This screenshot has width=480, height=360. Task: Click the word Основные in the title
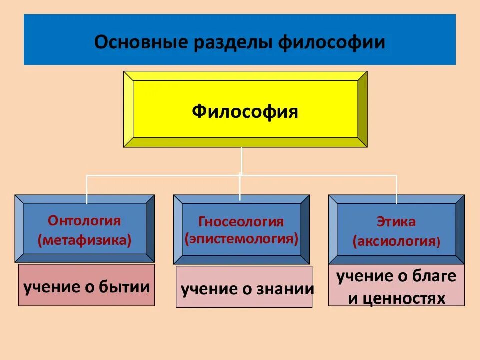coord(131,42)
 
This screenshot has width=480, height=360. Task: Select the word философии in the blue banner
coord(331,42)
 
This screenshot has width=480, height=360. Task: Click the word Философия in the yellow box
coord(245,111)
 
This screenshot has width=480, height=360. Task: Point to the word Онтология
coord(84,221)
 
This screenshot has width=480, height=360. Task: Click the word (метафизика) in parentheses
coord(84,241)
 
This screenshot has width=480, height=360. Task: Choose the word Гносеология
coord(241,222)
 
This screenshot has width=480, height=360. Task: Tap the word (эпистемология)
coord(241,239)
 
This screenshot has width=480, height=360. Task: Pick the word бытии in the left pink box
coord(126,287)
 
